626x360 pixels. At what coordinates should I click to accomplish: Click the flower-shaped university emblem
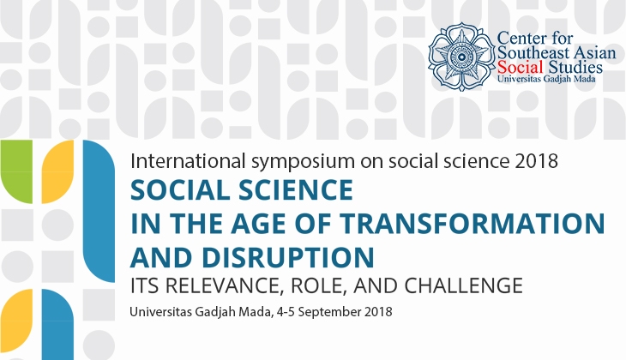pos(461,57)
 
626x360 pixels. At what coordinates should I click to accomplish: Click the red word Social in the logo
pos(521,67)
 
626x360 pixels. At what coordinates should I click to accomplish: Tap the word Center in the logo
pos(521,39)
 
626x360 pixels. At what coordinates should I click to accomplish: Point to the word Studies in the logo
pos(575,67)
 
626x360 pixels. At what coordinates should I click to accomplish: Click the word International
pos(188,161)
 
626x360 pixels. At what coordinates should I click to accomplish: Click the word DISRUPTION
pos(288,257)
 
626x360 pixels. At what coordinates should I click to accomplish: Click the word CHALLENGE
pos(463,285)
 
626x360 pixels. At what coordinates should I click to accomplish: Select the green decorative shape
pos(16,171)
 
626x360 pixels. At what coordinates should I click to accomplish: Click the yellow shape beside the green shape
pos(58,171)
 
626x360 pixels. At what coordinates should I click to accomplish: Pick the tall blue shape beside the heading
pos(99,211)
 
